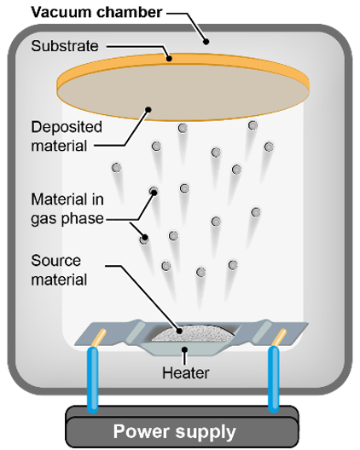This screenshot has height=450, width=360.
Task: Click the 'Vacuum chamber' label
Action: point(96,12)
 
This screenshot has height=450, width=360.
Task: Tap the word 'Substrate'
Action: point(65,46)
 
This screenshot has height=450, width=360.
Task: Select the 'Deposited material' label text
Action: point(67,136)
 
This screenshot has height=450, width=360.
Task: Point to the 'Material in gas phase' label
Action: point(67,209)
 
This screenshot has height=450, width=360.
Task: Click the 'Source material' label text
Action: point(59,270)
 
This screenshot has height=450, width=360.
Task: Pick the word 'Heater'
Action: point(186,372)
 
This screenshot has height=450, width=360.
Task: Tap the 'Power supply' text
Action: point(174,431)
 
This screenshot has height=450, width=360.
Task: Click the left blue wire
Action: point(93,379)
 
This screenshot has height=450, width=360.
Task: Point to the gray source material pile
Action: point(192,334)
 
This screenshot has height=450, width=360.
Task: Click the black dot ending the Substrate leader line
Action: point(169,59)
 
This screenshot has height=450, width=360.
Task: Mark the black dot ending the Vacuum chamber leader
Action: point(206,42)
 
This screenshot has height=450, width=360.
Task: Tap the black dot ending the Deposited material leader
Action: point(148,109)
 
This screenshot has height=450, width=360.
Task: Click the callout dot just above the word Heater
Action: point(185,349)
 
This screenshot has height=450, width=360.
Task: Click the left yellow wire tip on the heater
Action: point(100,337)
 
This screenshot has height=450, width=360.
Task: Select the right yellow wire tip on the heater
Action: point(279,337)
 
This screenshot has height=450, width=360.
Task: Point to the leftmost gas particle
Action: point(116,168)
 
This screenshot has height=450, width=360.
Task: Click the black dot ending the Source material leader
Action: point(179,331)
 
